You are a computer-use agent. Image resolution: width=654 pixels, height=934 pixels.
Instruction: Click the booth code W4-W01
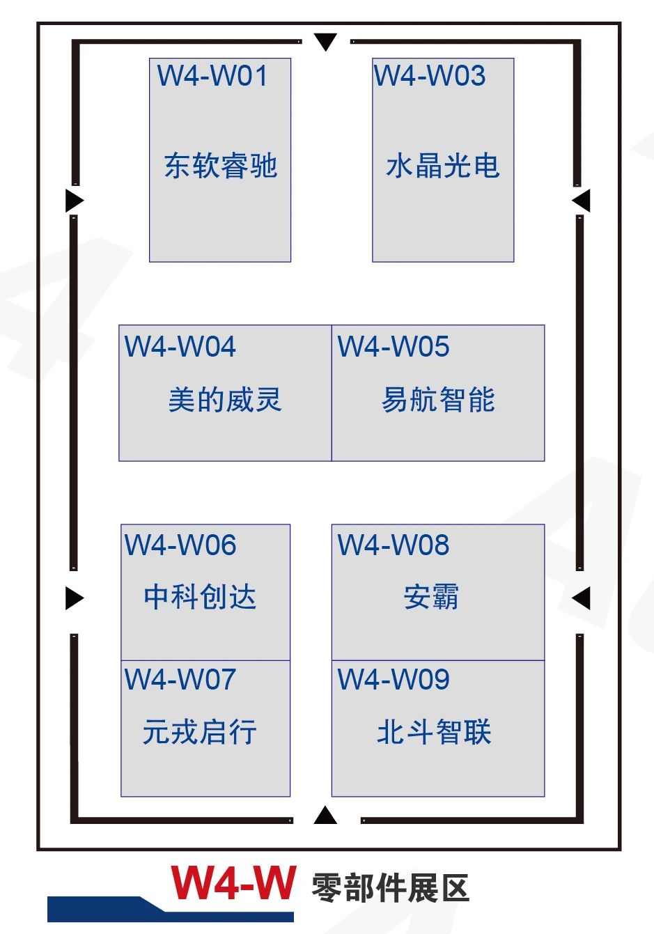212,76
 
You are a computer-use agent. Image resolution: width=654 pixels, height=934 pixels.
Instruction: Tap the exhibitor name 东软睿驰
220,166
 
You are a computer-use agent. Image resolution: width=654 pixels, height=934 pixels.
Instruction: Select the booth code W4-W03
430,76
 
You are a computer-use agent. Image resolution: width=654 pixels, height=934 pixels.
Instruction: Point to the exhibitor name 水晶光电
443,166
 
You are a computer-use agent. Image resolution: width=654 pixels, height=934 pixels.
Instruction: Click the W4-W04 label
180,347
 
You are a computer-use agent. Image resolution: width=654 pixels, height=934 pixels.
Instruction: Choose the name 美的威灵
225,400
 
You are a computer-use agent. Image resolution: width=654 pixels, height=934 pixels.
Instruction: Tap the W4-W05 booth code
394,347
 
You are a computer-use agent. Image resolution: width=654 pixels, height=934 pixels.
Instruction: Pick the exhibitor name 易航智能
438,400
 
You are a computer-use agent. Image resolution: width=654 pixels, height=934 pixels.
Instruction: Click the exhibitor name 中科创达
201,597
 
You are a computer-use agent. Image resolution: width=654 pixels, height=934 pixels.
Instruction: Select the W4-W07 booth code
180,680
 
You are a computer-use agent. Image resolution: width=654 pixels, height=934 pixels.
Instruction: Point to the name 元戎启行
200,732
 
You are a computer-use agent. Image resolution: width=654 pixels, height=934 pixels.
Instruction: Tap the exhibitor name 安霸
431,597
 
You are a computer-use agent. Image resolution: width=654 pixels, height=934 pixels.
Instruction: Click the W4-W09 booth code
394,680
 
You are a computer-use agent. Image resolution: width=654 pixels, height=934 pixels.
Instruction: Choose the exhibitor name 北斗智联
435,732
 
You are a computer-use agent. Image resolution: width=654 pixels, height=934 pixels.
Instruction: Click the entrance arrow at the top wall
325,42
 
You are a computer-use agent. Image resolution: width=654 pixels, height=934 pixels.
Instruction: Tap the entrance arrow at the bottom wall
325,815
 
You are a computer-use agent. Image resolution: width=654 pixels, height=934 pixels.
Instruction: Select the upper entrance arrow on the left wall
74,201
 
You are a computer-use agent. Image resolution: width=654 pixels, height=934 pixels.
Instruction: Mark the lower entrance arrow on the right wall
581,598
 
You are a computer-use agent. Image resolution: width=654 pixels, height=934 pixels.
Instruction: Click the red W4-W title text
233,884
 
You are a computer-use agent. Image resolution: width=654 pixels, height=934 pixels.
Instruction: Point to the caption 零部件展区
390,888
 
